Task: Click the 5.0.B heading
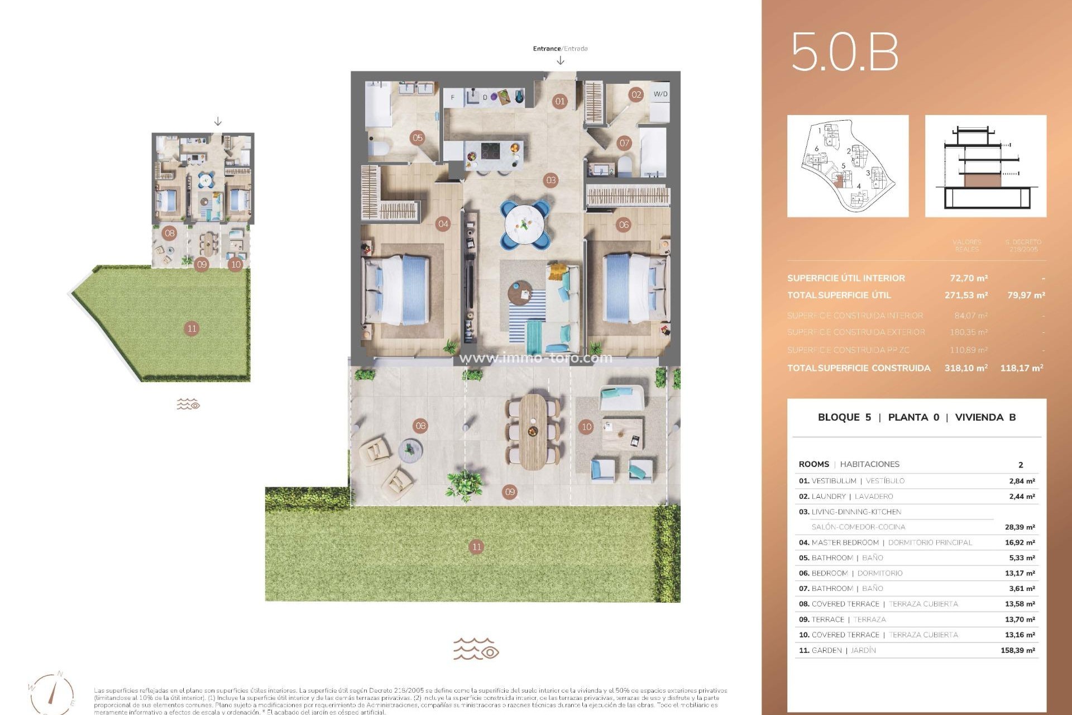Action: pos(844,52)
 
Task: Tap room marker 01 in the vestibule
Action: pos(559,101)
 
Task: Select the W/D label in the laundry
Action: pos(660,94)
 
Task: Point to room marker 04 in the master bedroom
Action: pos(443,224)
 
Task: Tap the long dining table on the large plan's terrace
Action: pos(533,431)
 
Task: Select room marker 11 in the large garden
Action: pos(476,547)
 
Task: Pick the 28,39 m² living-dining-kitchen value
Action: pos(1020,527)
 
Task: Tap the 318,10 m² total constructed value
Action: pos(965,368)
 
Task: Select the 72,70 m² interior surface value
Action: pos(968,278)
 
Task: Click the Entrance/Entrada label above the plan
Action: pos(559,49)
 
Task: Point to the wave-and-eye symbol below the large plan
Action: pos(476,649)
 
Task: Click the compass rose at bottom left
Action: pos(51,693)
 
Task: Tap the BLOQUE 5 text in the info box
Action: pos(844,417)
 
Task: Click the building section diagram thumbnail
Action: pos(985,166)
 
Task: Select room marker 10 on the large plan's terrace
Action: pos(586,427)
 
